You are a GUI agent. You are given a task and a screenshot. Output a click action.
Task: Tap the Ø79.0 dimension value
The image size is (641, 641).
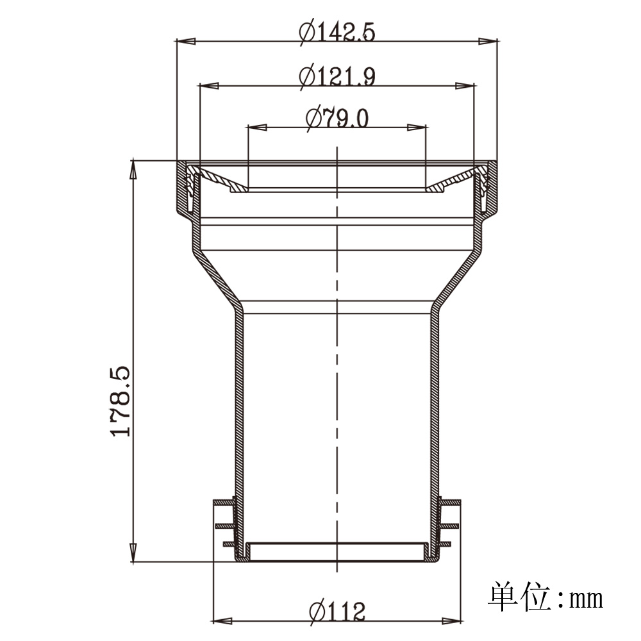click(x=337, y=118)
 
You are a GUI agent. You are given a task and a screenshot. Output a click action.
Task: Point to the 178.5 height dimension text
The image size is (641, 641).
click(x=121, y=401)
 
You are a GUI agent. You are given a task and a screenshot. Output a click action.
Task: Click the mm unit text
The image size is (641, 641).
click(x=587, y=599)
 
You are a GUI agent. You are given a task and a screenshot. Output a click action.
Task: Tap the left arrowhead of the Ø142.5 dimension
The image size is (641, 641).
click(x=185, y=41)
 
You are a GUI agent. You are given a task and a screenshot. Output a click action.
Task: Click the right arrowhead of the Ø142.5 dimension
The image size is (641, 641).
click(x=488, y=41)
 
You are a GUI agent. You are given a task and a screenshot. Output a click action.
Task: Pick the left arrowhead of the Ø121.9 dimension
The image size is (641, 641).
click(x=208, y=86)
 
